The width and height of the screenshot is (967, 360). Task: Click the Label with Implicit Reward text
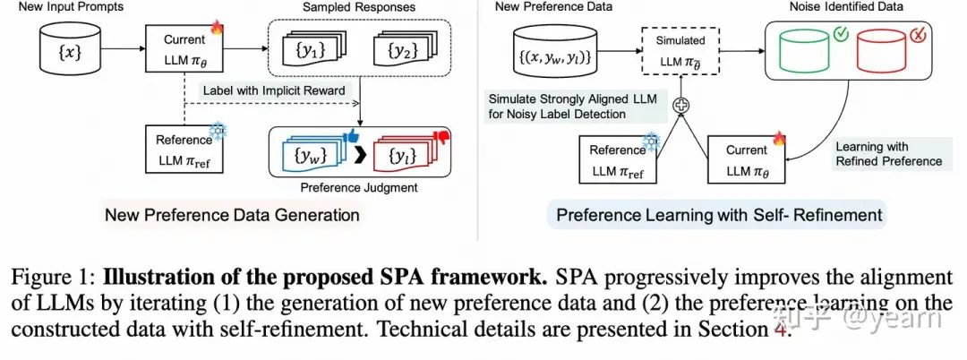point(273,90)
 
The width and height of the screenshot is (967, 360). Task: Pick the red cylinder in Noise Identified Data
point(882,53)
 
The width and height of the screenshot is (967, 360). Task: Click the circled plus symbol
point(682,104)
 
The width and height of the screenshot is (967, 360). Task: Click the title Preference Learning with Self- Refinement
point(718,215)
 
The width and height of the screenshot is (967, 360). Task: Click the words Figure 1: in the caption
point(58,278)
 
